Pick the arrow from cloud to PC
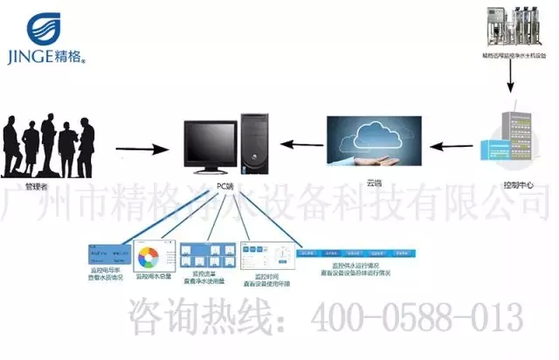(x=297, y=145)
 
